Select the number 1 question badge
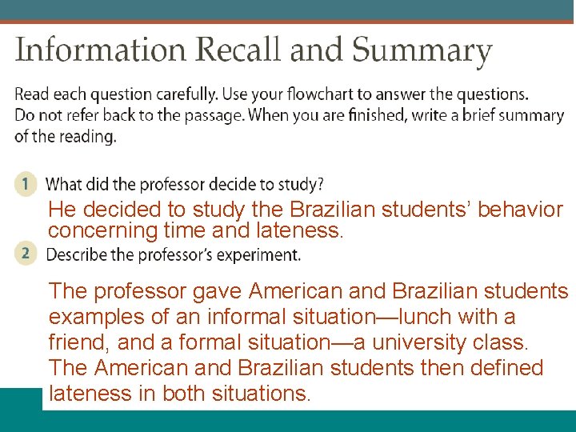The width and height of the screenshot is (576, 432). point(26,184)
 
